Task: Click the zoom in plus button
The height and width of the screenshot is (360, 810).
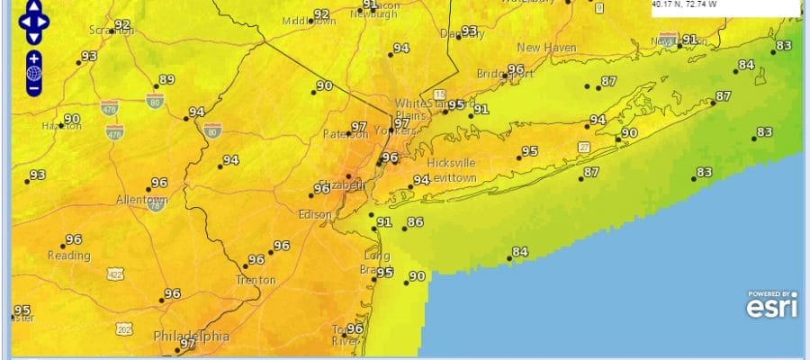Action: pos(33,59)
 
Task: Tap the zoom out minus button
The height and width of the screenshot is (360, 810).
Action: pos(33,87)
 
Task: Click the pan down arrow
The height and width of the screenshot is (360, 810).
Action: pos(33,38)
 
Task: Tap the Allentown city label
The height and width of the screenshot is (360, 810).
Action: pos(141,199)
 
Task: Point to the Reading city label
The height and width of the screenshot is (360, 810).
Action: pos(69,256)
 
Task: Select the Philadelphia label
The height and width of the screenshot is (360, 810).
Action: pos(191,337)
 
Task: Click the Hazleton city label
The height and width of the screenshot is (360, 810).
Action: pos(61,126)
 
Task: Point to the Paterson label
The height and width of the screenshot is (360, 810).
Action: pos(345,135)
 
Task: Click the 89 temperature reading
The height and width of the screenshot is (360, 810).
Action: pos(166,79)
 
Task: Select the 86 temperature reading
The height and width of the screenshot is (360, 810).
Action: pos(415,221)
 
